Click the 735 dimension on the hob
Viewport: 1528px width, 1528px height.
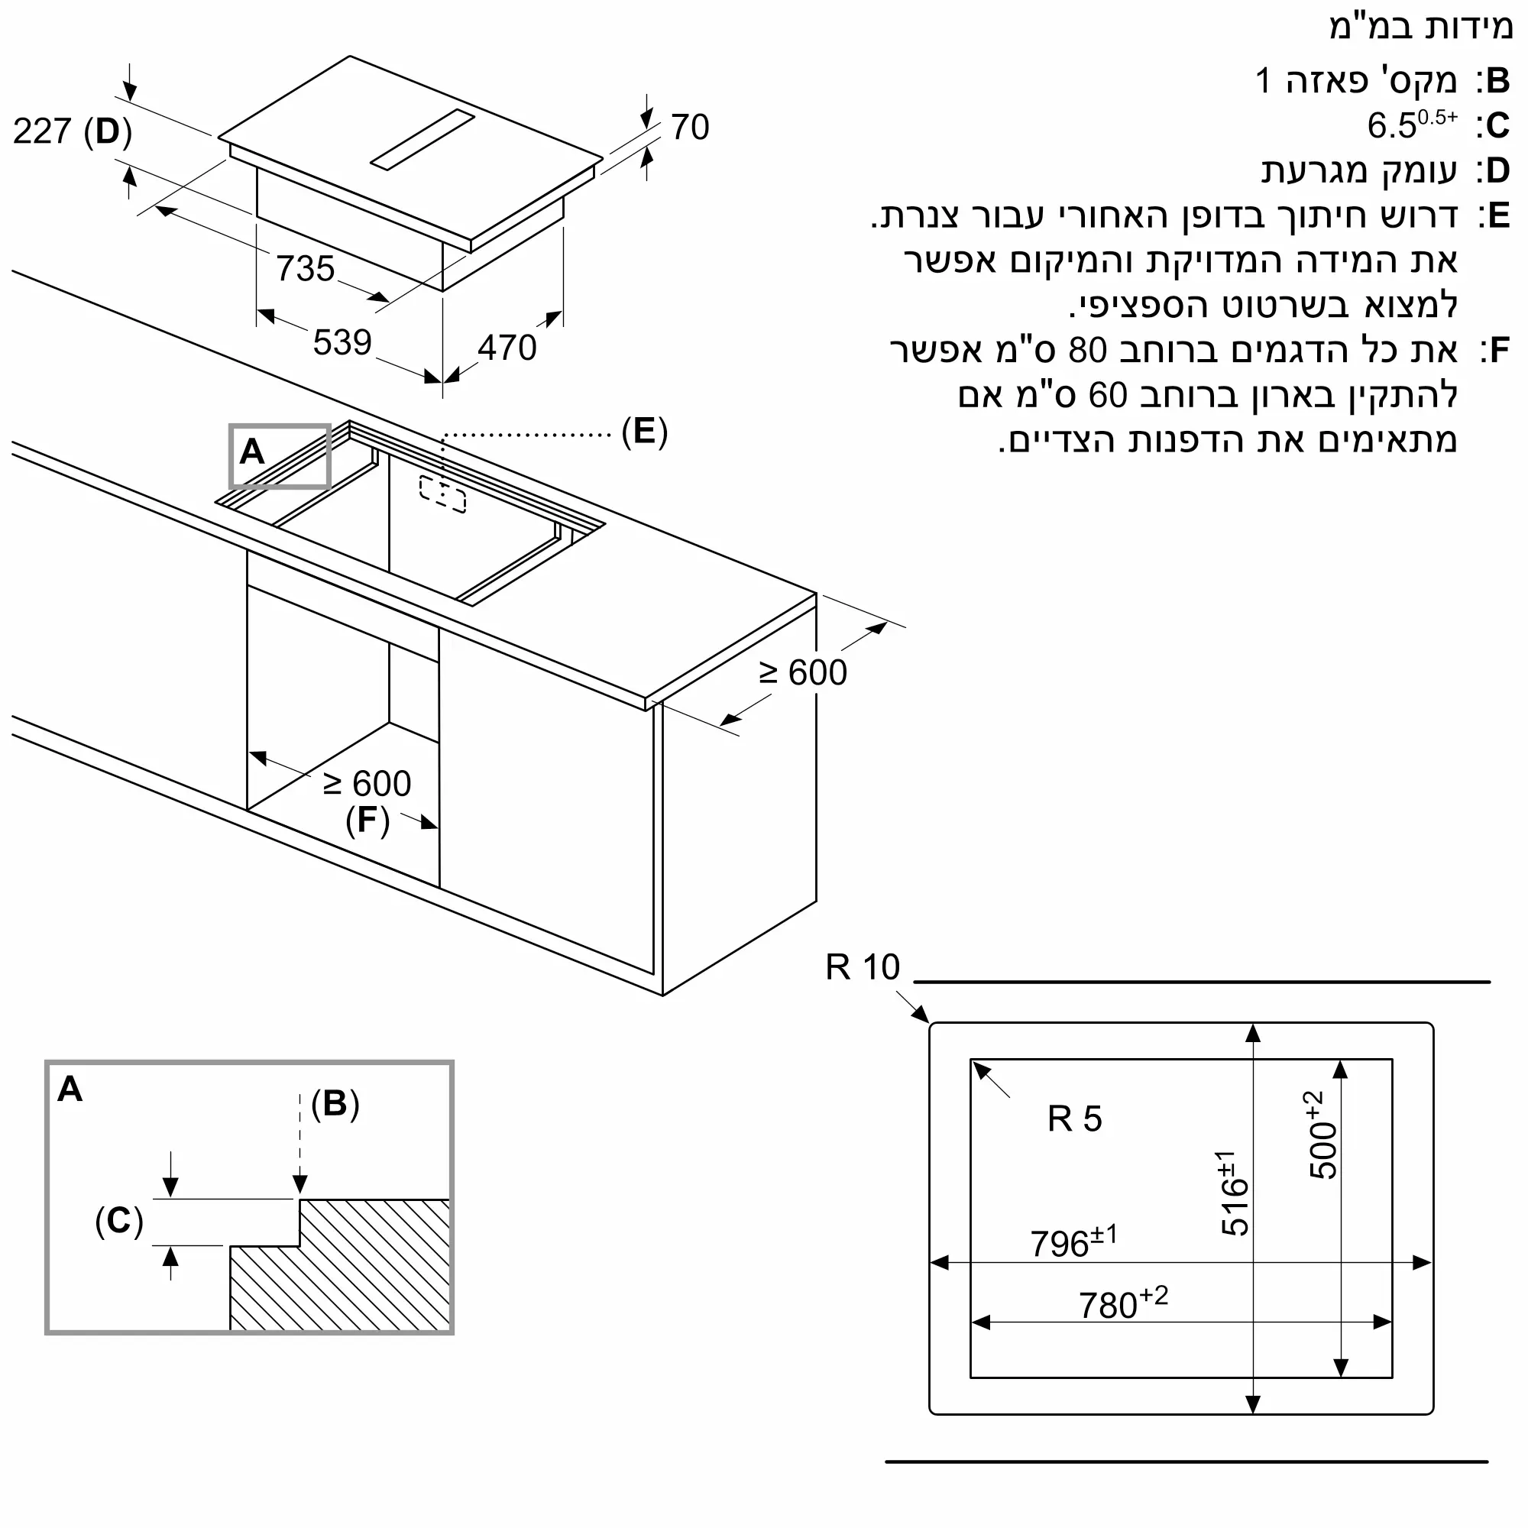pos(306,269)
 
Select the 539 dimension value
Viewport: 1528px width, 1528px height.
pos(342,342)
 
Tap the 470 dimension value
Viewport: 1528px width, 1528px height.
pos(507,348)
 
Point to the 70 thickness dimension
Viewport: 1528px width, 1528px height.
pos(690,128)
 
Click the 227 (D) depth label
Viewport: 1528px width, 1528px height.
pos(72,131)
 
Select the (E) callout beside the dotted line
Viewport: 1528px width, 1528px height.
pos(645,432)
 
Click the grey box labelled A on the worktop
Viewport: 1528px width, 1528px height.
pos(279,456)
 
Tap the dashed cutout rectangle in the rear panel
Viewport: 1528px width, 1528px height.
pos(443,494)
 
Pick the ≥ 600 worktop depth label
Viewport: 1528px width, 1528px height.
pos(803,673)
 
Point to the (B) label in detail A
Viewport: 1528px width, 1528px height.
pos(335,1103)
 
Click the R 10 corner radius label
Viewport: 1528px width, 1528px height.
pos(862,967)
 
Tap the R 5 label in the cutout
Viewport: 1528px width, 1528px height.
pos(1074,1119)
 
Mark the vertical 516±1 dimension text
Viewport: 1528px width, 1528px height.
pos(1234,1193)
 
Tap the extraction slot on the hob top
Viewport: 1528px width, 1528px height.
pos(422,140)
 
